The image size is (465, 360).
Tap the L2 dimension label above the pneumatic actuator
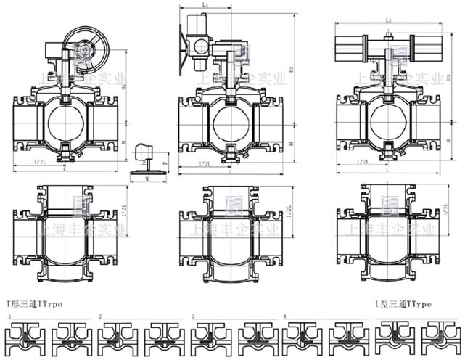coord(390,20)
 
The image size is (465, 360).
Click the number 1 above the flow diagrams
coord(8,318)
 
